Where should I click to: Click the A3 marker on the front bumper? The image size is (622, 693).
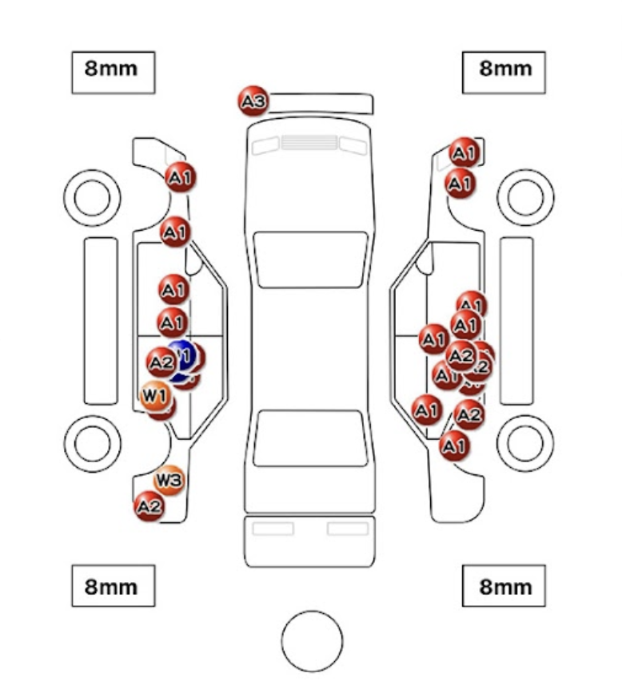(253, 101)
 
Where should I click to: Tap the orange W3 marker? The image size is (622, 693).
(169, 480)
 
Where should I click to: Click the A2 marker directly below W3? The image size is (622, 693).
(149, 506)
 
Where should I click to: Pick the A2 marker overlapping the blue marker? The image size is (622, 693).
(161, 362)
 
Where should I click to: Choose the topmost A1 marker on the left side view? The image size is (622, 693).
(181, 177)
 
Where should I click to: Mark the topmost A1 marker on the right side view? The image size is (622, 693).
(464, 152)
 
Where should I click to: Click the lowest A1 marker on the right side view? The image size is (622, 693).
(454, 445)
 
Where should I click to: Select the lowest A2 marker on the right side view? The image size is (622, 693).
(469, 414)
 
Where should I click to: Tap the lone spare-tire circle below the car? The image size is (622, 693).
(312, 640)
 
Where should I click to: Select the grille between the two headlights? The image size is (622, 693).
(309, 143)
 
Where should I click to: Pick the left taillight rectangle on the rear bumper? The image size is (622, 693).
(273, 529)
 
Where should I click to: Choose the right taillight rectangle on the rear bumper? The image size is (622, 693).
(348, 529)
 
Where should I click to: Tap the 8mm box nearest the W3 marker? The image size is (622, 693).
(113, 586)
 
